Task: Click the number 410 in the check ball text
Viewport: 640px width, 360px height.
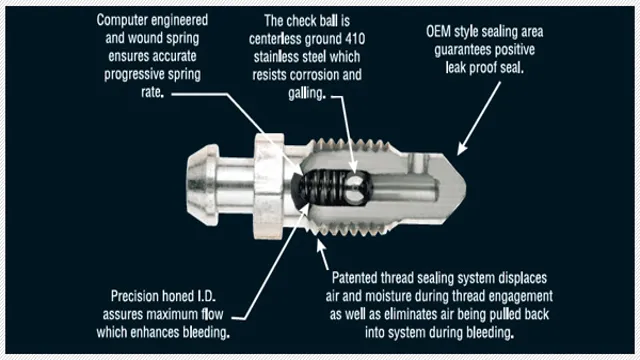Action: point(355,39)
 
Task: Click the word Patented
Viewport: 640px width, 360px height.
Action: point(354,278)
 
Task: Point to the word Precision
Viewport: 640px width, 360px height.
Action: point(134,296)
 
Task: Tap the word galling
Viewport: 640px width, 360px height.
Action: point(307,93)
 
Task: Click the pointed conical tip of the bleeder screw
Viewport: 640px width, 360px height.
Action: point(456,187)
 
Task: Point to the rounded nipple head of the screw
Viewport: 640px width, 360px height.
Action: point(202,184)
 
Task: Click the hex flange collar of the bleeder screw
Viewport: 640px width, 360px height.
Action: point(269,186)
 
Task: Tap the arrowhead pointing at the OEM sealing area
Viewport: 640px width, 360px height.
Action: point(462,149)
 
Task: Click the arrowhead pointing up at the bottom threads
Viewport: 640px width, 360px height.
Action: point(321,246)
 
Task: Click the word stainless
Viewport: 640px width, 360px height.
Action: point(276,57)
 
